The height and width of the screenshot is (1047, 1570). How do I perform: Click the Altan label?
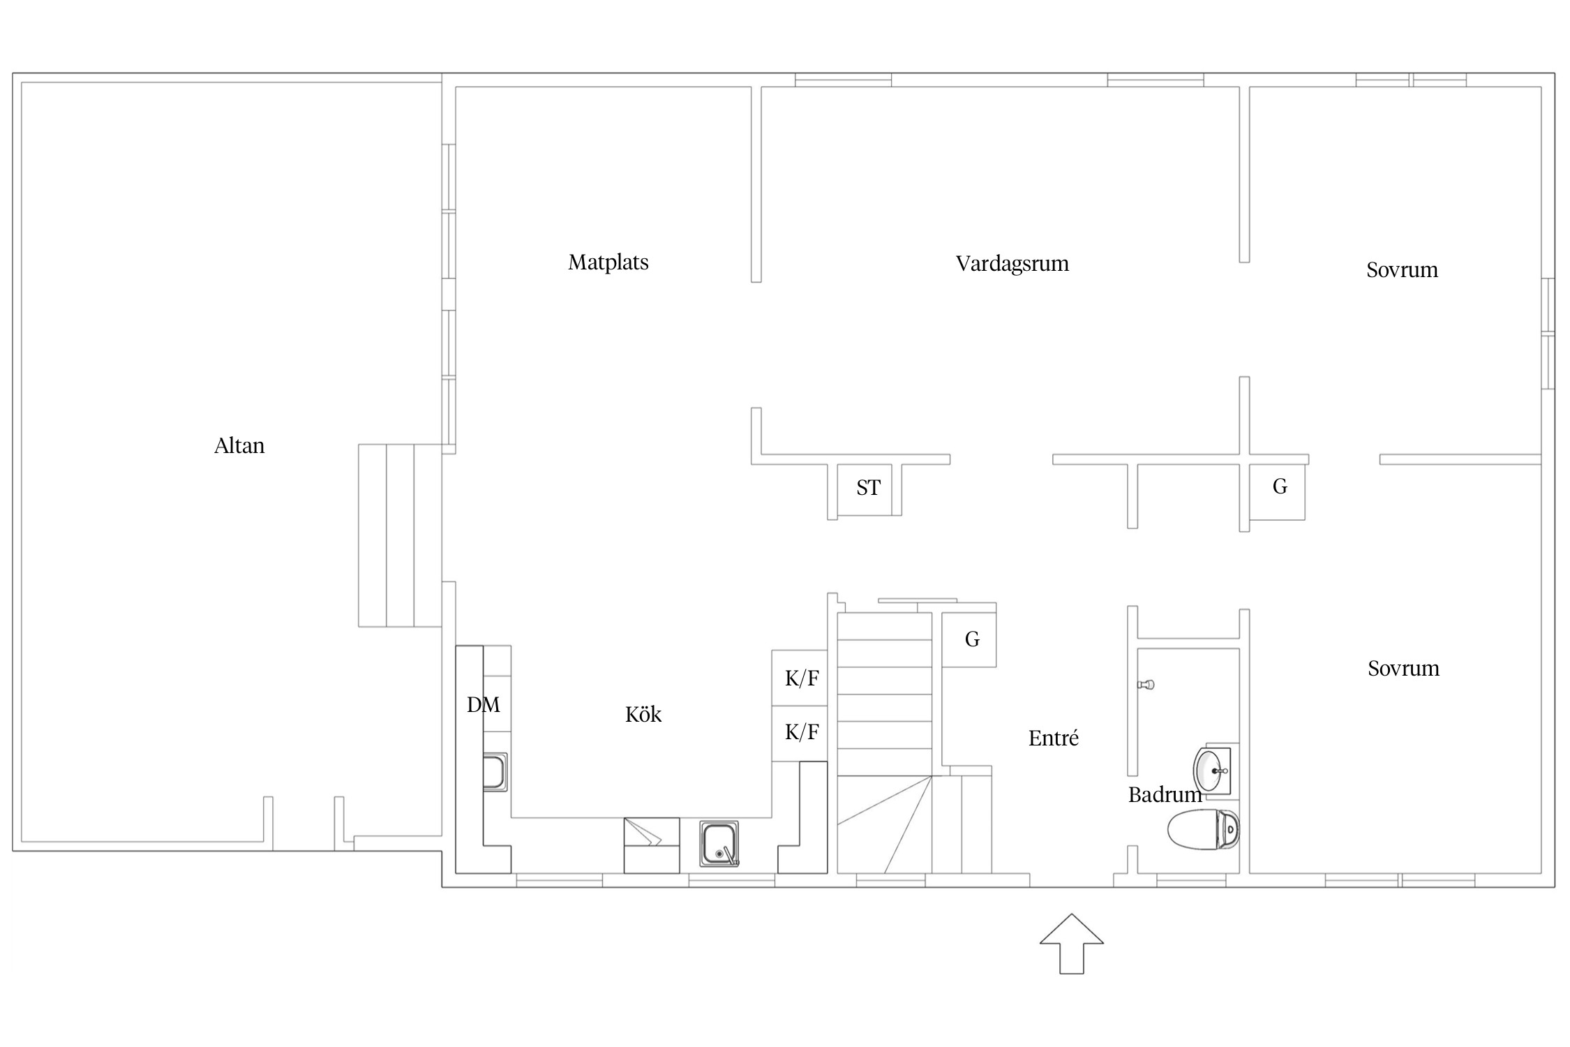[239, 445]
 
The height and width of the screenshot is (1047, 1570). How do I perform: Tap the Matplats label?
[608, 262]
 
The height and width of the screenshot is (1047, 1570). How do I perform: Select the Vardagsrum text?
[1012, 264]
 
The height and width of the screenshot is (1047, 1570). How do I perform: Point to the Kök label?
[643, 714]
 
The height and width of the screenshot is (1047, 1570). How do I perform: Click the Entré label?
[1054, 738]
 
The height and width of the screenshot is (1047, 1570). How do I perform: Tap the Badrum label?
[1165, 794]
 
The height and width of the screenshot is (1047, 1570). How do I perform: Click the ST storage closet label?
[869, 488]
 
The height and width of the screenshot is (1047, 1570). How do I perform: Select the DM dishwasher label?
[484, 705]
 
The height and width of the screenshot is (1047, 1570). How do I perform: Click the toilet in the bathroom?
[1204, 829]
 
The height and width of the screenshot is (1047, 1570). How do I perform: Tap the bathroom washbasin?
[1212, 770]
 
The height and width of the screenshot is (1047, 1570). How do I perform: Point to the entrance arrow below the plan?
[1072, 944]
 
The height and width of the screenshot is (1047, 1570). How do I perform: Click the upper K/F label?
[802, 678]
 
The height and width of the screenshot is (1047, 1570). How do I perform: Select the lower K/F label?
[802, 732]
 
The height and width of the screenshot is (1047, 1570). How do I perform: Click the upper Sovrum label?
[1403, 270]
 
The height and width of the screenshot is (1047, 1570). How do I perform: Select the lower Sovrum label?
[1404, 669]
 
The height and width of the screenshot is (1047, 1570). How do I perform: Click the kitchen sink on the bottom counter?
[719, 844]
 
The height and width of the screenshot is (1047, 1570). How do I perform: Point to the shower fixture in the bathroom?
[1146, 684]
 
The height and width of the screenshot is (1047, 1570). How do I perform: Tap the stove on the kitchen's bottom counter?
[652, 845]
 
